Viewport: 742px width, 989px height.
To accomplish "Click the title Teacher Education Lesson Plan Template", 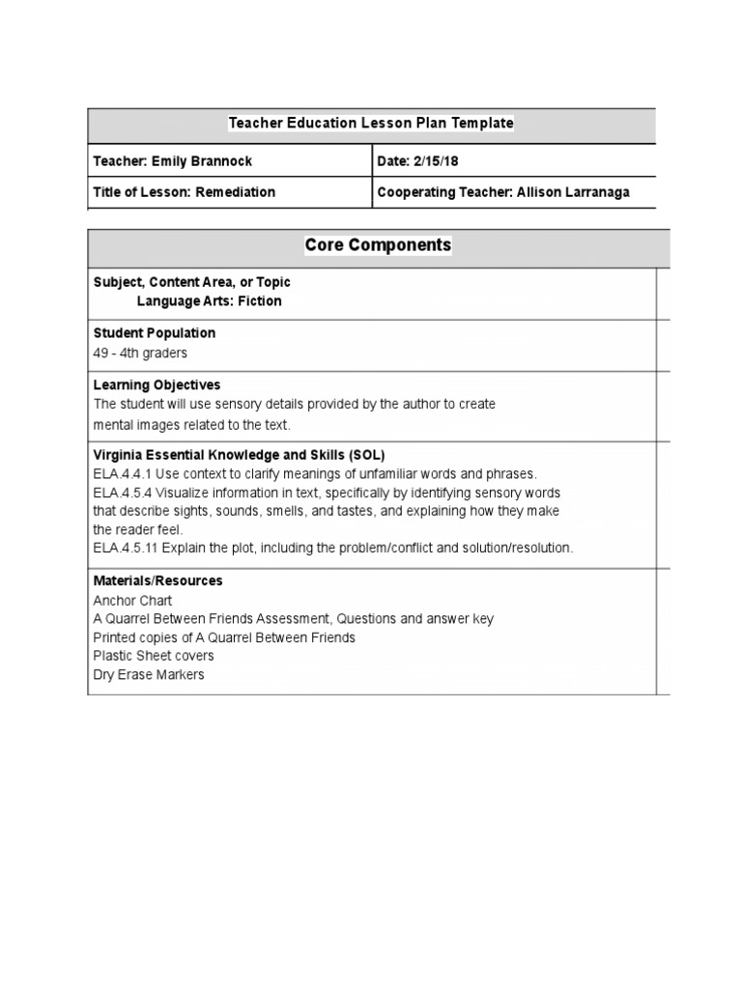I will [371, 124].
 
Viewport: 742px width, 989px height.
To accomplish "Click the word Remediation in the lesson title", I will [236, 192].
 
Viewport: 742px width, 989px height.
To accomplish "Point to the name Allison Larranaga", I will [573, 192].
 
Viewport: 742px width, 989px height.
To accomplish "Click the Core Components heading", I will [378, 245].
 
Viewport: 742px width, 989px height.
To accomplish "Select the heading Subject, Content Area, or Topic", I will [191, 282].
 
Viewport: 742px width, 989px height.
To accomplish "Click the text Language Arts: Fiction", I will [209, 301].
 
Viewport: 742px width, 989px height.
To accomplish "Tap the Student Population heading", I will [154, 333].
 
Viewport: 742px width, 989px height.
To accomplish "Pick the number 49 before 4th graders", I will [101, 353].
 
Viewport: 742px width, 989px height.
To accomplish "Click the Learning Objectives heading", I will [157, 385].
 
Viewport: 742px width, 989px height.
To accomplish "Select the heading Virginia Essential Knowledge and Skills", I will [239, 455].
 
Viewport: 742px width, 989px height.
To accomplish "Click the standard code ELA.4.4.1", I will [122, 474].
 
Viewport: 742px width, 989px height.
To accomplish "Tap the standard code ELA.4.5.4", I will [122, 493].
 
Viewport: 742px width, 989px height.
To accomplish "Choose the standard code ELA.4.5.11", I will [126, 549].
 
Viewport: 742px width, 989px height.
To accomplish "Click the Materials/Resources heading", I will [157, 581].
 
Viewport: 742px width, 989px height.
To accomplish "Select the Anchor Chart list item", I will [132, 601].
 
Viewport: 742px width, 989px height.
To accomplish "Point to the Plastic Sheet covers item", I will [154, 657].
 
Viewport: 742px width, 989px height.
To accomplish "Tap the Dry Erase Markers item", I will [149, 675].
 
